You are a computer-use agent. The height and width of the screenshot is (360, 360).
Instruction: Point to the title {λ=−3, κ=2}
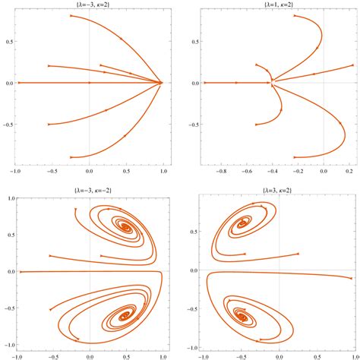[x=90, y=5]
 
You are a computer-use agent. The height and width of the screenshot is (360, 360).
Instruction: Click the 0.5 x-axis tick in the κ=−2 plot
[x=127, y=355]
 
